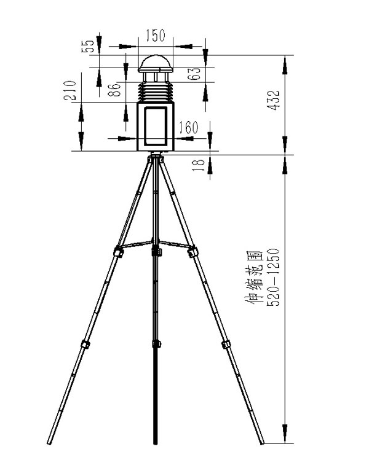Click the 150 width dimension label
point(155,36)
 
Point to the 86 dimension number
point(113,91)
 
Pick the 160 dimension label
point(188,128)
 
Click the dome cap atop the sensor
point(155,63)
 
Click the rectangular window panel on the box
point(155,127)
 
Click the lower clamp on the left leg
point(84,343)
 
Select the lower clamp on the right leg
point(226,343)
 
